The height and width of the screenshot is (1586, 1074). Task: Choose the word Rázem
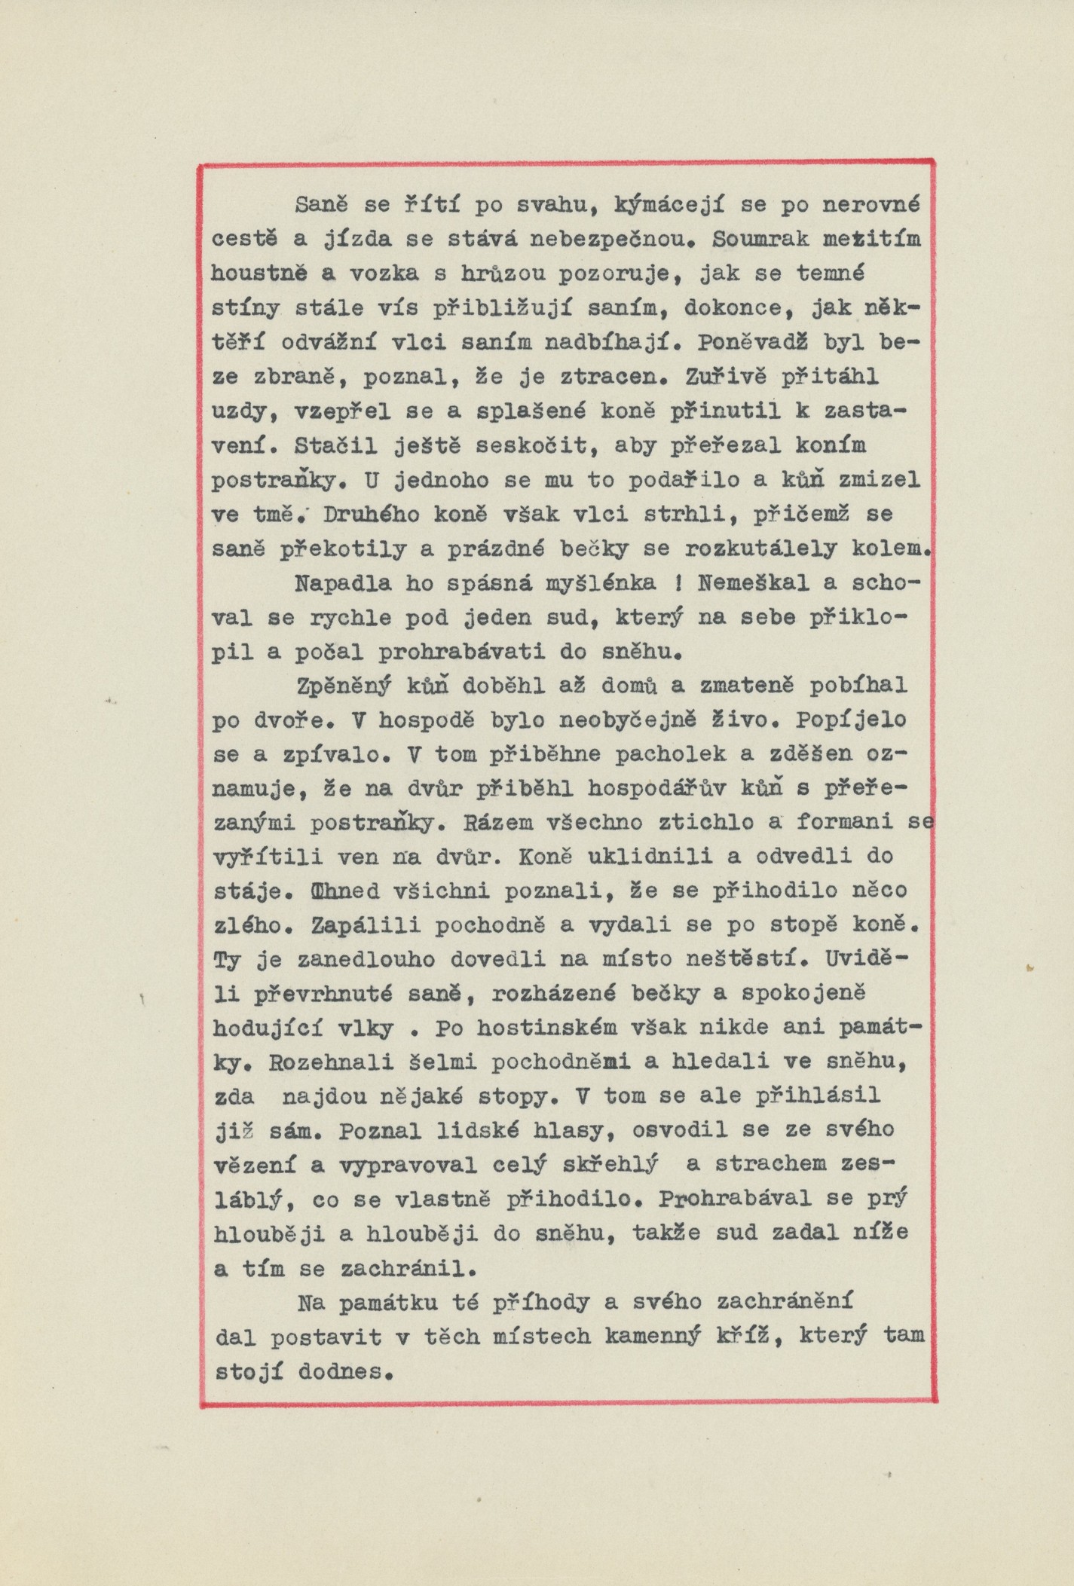(493, 823)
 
